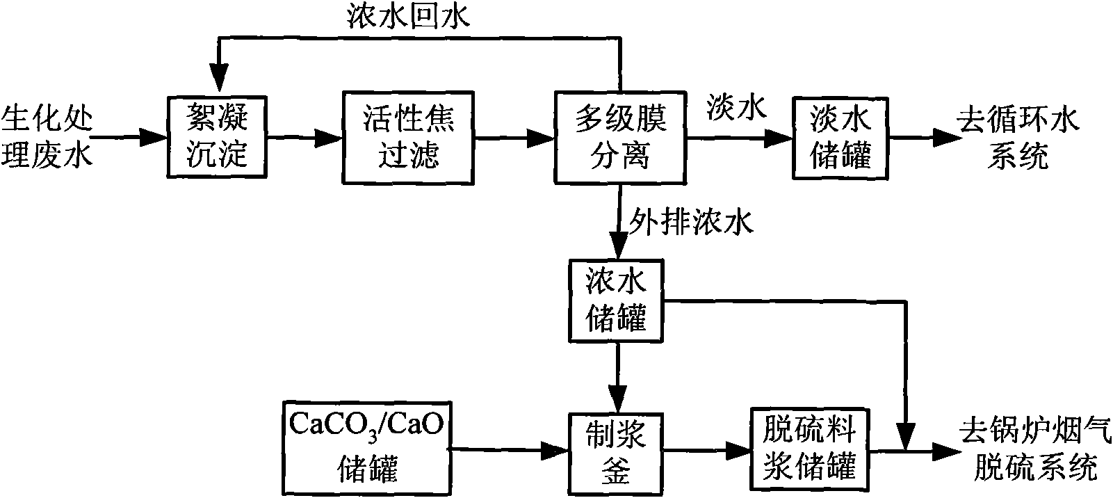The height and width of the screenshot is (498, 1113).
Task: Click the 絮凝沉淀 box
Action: [217, 137]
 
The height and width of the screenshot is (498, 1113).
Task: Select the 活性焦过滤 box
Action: [408, 137]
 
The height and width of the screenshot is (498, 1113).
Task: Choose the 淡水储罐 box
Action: [840, 137]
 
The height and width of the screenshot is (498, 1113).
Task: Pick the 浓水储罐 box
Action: [616, 300]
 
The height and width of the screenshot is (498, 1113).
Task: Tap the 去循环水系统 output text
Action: [1018, 137]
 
